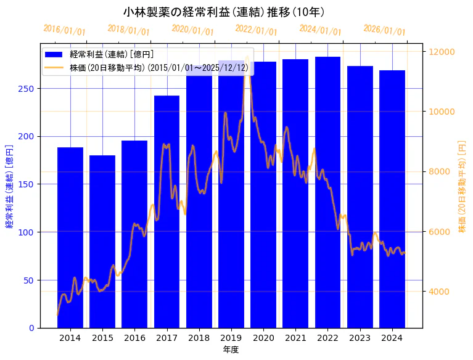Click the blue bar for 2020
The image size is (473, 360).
click(263, 194)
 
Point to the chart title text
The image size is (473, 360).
click(224, 12)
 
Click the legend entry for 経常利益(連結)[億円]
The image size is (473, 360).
click(111, 55)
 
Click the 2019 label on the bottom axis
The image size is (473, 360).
click(231, 338)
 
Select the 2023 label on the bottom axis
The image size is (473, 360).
click(360, 338)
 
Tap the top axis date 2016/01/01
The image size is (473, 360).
click(64, 30)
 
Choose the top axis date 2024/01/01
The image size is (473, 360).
click(320, 30)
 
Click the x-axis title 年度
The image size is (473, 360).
click(231, 350)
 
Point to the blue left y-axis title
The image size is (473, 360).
click(9, 186)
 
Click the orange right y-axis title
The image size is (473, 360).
click(462, 186)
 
